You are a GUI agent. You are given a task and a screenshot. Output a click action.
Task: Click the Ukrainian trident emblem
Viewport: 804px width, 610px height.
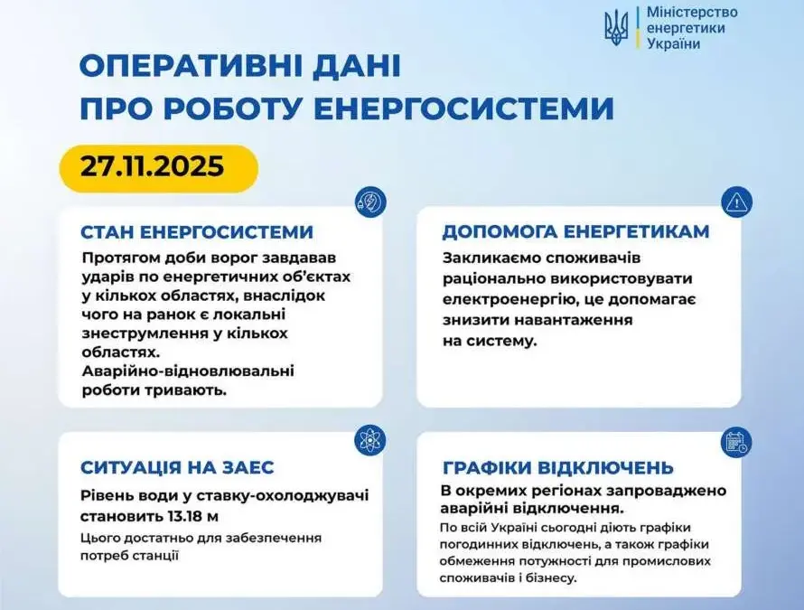616,28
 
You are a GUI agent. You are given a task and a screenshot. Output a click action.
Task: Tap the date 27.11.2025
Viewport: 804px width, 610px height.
153,166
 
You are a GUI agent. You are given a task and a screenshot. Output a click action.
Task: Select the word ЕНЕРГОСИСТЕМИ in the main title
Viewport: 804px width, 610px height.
463,108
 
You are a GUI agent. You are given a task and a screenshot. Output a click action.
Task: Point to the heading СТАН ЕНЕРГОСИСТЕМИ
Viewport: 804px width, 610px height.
197,232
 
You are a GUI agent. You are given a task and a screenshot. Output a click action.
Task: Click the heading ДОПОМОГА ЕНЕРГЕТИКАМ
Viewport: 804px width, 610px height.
575,232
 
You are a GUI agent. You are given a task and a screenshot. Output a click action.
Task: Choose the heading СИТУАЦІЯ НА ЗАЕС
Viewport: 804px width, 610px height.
177,467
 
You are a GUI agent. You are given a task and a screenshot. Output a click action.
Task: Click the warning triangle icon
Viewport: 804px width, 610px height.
736,202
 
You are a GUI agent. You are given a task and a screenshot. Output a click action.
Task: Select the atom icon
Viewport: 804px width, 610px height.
369,440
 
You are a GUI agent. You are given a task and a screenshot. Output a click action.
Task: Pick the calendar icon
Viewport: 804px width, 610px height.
736,442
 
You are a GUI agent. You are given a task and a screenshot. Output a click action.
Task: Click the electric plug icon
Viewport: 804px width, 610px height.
370,202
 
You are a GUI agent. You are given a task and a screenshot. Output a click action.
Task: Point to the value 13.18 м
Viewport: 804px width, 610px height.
192,516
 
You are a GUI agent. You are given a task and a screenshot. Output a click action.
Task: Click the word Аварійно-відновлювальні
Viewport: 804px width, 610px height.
188,371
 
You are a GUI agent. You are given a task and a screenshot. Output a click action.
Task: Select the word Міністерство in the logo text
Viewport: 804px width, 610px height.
692,12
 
